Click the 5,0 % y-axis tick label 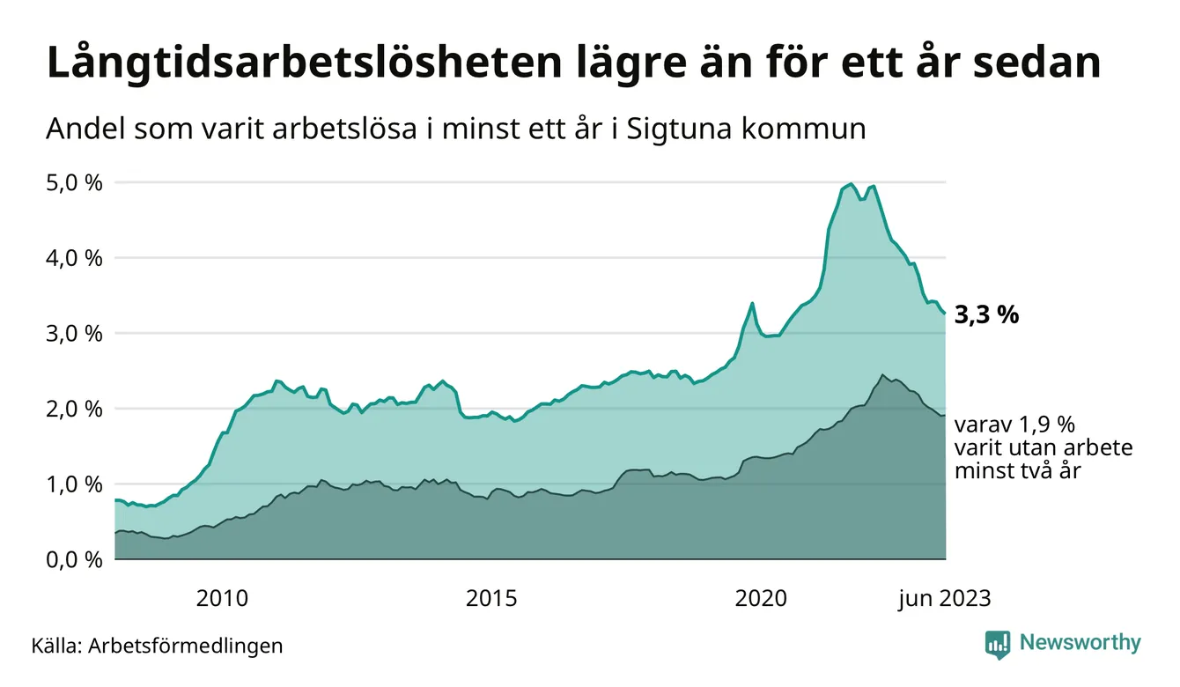pyautogui.click(x=74, y=183)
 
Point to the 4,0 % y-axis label pyautogui.click(x=74, y=258)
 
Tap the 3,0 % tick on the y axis pyautogui.click(x=74, y=334)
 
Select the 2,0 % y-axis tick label pyautogui.click(x=74, y=409)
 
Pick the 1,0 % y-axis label pyautogui.click(x=74, y=484)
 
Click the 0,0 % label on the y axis pyautogui.click(x=74, y=559)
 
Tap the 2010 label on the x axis pyautogui.click(x=222, y=599)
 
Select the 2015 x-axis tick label pyautogui.click(x=492, y=599)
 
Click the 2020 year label pyautogui.click(x=762, y=599)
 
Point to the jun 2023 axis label pyautogui.click(x=944, y=599)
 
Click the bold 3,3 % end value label pyautogui.click(x=986, y=315)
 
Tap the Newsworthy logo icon pyautogui.click(x=998, y=644)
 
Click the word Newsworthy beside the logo pyautogui.click(x=1080, y=643)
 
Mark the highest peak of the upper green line pyautogui.click(x=851, y=184)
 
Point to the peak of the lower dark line pyautogui.click(x=882, y=375)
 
